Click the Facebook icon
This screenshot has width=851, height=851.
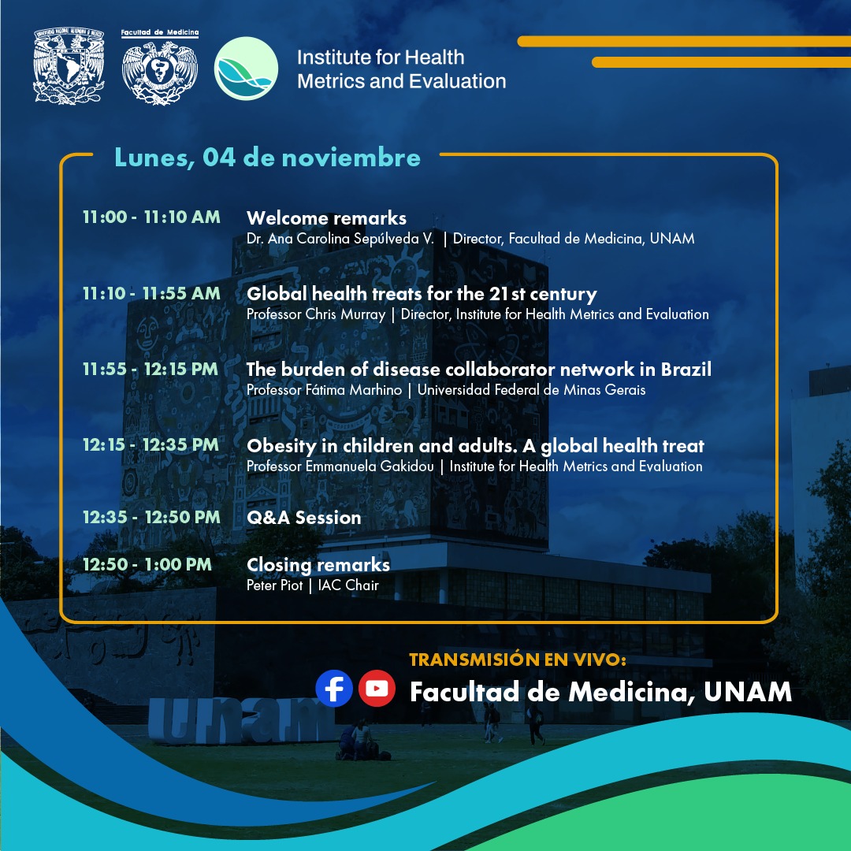point(334,688)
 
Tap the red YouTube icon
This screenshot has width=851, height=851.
point(377,688)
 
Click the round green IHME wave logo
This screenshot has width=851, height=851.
point(246,69)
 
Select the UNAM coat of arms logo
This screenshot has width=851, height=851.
point(69,65)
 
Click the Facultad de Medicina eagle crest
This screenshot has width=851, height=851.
point(159,67)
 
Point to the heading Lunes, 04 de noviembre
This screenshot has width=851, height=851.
point(267,158)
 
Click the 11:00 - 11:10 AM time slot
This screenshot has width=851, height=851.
point(151,217)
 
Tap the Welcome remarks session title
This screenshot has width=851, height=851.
point(326,217)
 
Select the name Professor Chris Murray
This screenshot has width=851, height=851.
point(316,314)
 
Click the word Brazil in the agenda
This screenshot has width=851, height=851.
point(686,369)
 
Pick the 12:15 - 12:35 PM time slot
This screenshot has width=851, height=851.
point(151,445)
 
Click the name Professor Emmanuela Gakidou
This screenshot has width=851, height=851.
point(340,466)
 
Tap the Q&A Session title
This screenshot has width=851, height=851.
point(304,517)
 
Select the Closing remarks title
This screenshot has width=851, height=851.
point(318,565)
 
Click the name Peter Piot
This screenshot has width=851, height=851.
point(275,585)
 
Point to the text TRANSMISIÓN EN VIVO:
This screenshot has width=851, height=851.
point(517,660)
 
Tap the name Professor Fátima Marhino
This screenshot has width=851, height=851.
point(324,390)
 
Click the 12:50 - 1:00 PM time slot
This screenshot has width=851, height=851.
point(147,564)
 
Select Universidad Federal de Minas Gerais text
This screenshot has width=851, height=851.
point(531,390)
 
